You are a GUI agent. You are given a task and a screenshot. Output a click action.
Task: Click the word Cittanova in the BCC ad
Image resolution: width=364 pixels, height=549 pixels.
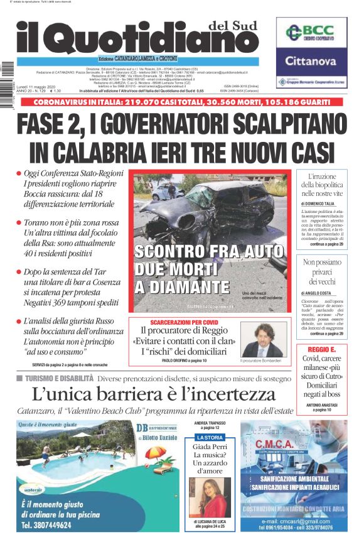pos(311,61)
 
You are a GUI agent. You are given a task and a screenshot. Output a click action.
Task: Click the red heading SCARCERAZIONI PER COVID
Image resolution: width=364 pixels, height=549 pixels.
pos(183,322)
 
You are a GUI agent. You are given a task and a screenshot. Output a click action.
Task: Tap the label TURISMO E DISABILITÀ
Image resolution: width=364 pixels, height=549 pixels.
pos(59,379)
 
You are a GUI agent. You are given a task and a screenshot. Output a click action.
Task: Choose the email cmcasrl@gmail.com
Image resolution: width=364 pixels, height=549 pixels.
pos(295,521)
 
